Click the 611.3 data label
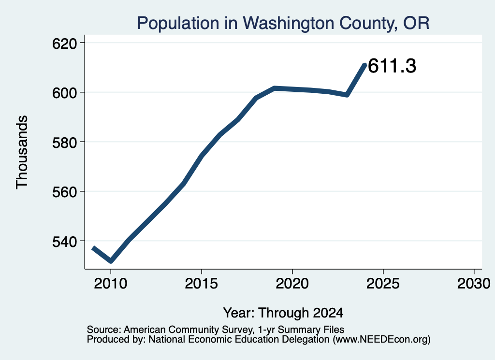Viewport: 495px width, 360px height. click(392, 66)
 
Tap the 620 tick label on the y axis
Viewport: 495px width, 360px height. click(64, 43)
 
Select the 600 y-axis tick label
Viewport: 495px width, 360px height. click(64, 93)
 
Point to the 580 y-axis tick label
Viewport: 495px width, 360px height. click(64, 143)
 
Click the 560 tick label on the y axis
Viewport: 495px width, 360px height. click(64, 192)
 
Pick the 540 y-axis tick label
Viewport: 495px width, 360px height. click(64, 242)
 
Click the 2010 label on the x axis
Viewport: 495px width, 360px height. click(111, 284)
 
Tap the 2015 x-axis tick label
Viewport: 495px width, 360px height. click(202, 284)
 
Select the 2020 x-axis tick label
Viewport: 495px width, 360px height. click(292, 284)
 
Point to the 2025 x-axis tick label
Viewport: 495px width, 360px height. click(383, 284)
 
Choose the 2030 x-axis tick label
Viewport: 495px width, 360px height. click(474, 284)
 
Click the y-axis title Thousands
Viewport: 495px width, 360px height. click(22, 152)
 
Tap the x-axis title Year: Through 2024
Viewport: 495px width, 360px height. click(283, 313)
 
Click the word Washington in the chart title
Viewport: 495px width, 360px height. click(289, 23)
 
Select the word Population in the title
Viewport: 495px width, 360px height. click(178, 23)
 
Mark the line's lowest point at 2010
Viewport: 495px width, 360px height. click(111, 261)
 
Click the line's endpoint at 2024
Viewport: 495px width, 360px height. click(365, 65)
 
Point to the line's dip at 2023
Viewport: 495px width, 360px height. click(347, 95)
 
